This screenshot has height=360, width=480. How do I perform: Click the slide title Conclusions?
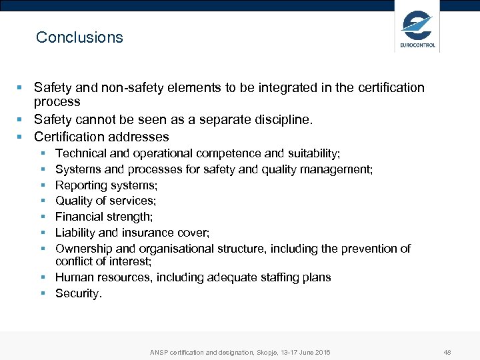79,37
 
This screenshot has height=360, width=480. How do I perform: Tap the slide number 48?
447,352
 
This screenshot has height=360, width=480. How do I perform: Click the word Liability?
75,233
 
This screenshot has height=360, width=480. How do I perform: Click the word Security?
78,293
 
